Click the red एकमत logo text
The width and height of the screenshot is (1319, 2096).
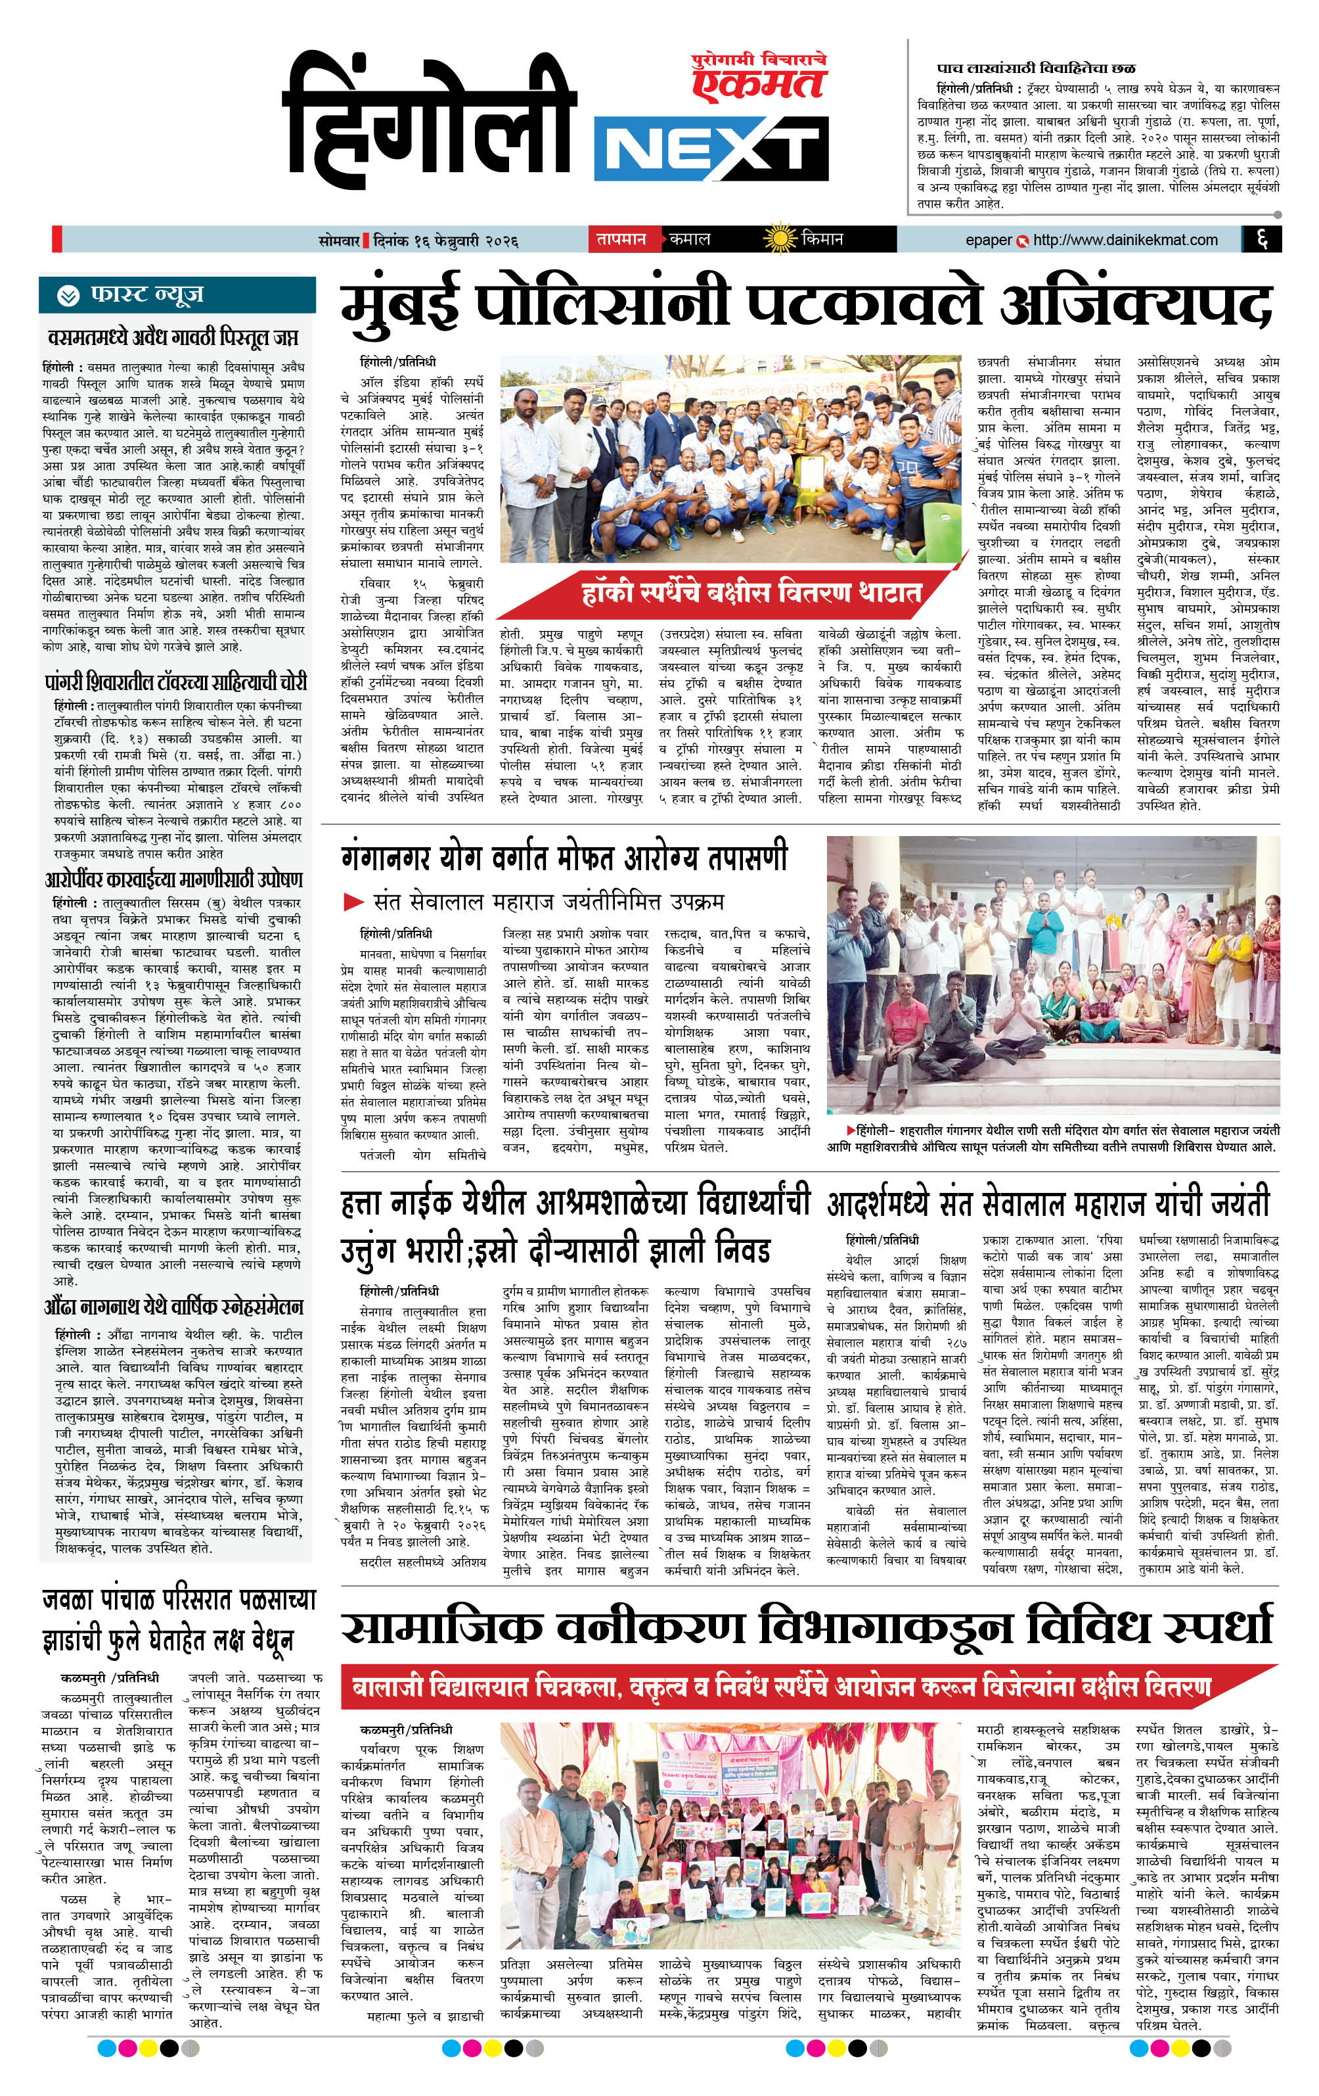758,84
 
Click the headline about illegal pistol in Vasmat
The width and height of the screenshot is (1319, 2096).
173,336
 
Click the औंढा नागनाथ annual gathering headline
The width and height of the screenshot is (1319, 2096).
174,1307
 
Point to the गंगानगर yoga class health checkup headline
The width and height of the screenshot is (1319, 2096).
564,857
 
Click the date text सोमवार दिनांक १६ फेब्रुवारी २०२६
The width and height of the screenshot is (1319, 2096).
418,241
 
